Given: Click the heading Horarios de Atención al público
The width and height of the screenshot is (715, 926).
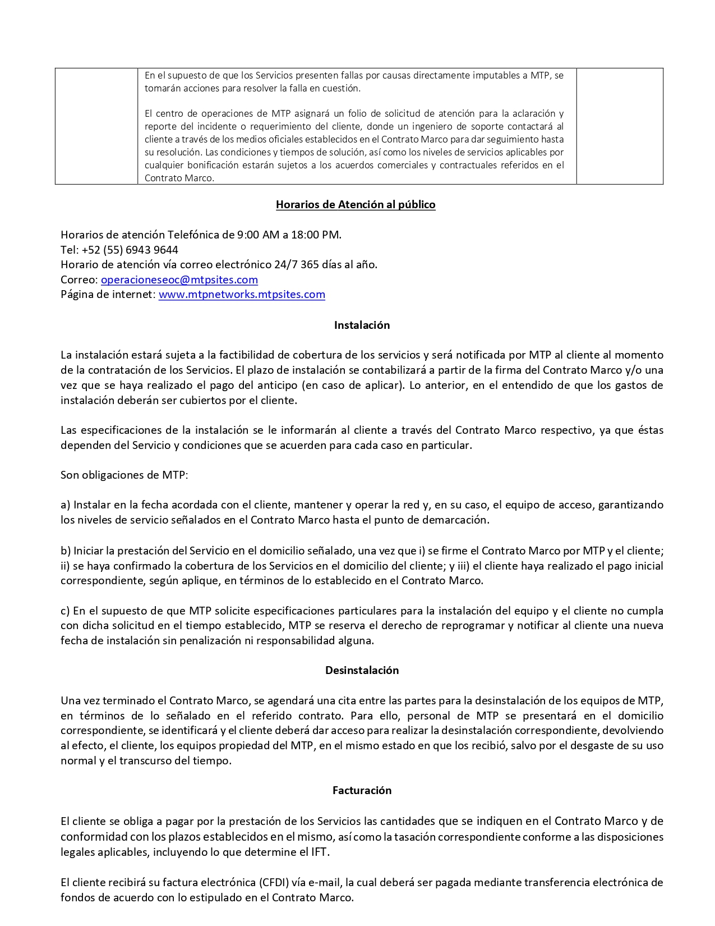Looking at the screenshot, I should point(356,205).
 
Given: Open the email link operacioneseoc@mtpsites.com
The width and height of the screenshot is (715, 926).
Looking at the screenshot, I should point(179,279).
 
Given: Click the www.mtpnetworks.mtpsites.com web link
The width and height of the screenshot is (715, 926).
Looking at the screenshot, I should point(242,295).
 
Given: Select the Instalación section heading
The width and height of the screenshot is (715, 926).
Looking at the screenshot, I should point(362,325).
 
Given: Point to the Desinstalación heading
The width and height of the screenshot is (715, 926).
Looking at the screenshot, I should point(362,670).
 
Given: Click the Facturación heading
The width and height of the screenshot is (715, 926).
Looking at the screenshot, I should point(362,790).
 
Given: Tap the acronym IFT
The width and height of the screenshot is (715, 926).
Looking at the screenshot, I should point(320,852).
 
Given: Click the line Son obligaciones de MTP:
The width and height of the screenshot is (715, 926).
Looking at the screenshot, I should point(124,475).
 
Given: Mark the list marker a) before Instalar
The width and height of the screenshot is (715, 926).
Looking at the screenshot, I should point(66,505).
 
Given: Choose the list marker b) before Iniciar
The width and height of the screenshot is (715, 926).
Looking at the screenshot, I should point(66,551).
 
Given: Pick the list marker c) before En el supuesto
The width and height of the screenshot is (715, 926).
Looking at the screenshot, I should point(65,611).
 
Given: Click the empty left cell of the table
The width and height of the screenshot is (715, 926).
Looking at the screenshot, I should point(96,126).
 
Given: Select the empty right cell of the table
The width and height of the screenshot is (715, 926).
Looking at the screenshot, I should point(620,126).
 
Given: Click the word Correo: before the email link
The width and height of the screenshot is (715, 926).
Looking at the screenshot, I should point(79,279).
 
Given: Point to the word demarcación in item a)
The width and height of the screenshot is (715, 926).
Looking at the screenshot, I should point(456,520).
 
